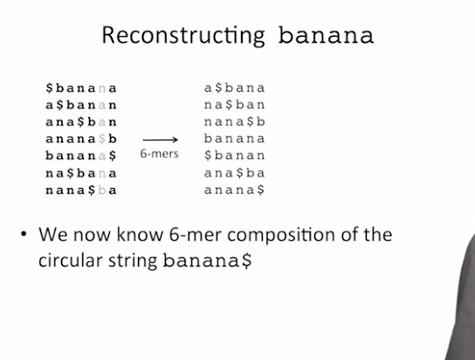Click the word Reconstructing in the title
coord(183,36)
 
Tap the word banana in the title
coord(326,35)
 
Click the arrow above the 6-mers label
coord(161,140)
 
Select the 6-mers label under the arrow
coord(159,154)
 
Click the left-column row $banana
coord(81,88)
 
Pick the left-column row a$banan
coord(81,105)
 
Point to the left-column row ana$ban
coord(81,121)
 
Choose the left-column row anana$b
coord(81,139)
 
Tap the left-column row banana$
coord(81,156)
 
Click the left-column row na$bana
coord(81,173)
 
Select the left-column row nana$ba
coord(81,190)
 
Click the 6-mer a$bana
coord(235,88)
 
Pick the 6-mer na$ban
coord(235,105)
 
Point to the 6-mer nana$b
coord(235,121)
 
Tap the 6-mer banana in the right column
coord(235,138)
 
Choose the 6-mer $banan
coord(235,156)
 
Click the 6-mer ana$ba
coord(235,173)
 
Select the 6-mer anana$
coord(235,190)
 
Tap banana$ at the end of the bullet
coord(207,260)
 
